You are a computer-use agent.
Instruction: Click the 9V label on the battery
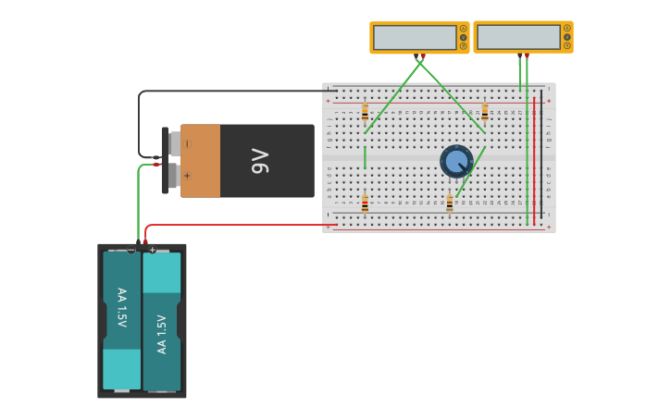coord(261,161)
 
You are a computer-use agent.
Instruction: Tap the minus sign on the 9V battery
coord(188,144)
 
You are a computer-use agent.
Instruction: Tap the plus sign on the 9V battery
coord(188,175)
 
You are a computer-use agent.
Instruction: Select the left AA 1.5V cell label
coord(121,307)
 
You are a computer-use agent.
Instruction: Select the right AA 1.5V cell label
coord(162,334)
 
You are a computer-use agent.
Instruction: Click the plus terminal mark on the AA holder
coord(153,250)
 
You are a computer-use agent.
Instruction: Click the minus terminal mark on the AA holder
coord(131,250)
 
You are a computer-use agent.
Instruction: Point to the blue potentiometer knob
coord(456,162)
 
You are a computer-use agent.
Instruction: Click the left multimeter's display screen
coord(414,37)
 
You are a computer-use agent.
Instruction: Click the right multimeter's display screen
coord(518,37)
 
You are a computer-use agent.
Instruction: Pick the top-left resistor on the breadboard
coord(365,112)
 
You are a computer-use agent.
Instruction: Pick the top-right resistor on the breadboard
coord(484,111)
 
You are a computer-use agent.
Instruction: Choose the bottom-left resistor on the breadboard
coord(365,203)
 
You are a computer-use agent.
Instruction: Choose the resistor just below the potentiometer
coord(450,203)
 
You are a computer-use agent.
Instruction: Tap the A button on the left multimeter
coord(464,29)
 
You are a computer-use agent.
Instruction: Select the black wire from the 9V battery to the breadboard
coord(231,91)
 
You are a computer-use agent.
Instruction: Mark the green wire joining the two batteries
coord(139,203)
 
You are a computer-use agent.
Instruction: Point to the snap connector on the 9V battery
coord(166,160)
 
